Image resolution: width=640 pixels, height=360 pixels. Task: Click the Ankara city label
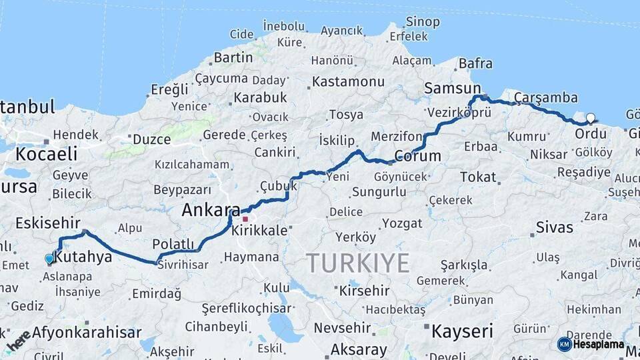(211, 211)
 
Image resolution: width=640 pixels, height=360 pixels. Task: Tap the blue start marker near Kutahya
(49, 259)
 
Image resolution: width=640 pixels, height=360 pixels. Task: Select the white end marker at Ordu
(590, 119)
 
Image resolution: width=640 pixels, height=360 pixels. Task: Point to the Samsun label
(452, 89)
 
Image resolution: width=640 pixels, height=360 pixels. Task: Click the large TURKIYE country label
(358, 264)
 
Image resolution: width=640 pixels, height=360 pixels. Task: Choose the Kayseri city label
(461, 331)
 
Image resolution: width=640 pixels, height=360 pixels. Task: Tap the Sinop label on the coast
(423, 21)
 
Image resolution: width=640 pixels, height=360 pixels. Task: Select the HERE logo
(19, 340)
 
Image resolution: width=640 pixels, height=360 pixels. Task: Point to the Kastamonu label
(348, 81)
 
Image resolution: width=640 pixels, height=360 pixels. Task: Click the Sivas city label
(555, 227)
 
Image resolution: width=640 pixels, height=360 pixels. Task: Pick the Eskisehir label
(47, 223)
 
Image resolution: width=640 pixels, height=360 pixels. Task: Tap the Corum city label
(417, 156)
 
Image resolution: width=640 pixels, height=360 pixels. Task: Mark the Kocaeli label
(46, 154)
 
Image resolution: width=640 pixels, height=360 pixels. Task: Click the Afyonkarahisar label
(87, 332)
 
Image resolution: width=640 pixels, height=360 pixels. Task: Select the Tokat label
(478, 177)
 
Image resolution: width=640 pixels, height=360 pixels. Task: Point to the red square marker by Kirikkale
(245, 219)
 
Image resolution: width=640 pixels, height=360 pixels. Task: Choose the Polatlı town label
(173, 243)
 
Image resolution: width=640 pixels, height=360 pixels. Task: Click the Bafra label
(476, 64)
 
